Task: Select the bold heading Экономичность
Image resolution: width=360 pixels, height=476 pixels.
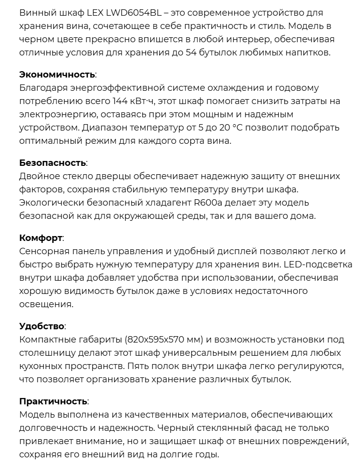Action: coord(57,75)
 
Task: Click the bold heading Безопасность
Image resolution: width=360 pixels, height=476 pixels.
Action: coord(53,163)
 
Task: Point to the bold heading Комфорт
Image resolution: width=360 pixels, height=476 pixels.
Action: coord(41,238)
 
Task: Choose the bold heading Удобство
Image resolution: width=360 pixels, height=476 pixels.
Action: coord(42,326)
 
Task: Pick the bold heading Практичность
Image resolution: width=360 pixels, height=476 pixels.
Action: coord(54,401)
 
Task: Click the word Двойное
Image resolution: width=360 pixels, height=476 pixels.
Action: coord(38,176)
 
